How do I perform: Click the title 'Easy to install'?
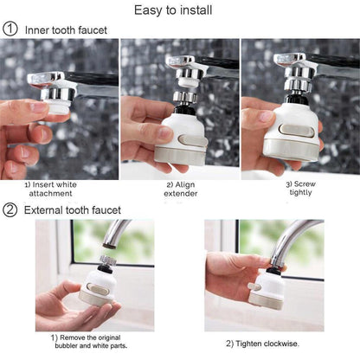pos(179,10)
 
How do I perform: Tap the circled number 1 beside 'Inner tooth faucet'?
pos(10,29)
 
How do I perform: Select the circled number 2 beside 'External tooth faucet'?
pos(10,209)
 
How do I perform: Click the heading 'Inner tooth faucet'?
pos(66,29)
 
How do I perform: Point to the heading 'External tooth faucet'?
pos(72,209)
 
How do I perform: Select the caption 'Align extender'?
pos(180,189)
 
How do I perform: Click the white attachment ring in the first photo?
pos(58,106)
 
